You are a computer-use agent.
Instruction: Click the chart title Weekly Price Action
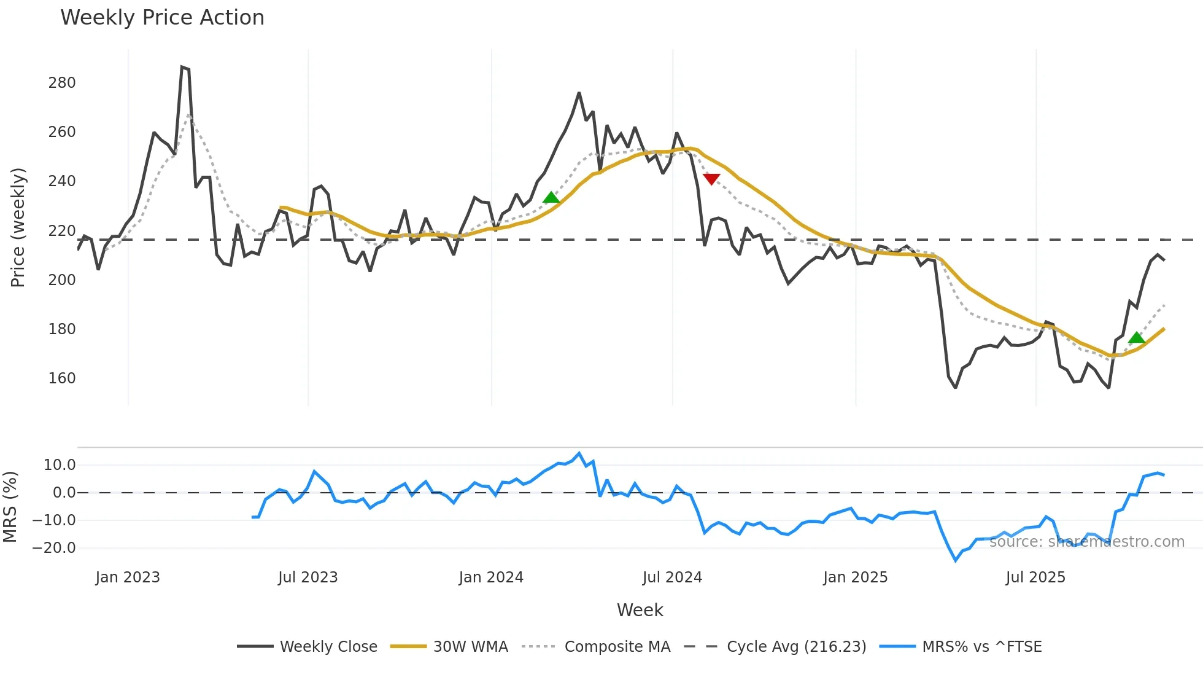pyautogui.click(x=162, y=18)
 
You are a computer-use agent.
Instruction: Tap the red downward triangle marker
pyautogui.click(x=711, y=179)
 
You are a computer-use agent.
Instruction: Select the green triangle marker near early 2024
pyautogui.click(x=551, y=197)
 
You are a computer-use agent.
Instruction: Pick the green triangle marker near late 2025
pyautogui.click(x=1136, y=337)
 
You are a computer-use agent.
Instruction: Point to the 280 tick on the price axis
pyautogui.click(x=62, y=83)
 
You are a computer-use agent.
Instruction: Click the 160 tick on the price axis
pyautogui.click(x=62, y=378)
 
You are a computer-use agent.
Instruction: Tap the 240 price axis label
pyautogui.click(x=62, y=181)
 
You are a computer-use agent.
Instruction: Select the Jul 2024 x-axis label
pyautogui.click(x=672, y=577)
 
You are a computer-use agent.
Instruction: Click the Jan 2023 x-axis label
pyautogui.click(x=128, y=577)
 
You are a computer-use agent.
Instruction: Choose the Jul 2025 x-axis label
pyautogui.click(x=1035, y=577)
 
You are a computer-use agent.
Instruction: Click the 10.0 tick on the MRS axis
pyautogui.click(x=60, y=465)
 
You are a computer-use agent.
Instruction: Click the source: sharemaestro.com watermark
pyautogui.click(x=1086, y=542)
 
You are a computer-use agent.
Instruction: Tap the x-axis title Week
pyautogui.click(x=640, y=610)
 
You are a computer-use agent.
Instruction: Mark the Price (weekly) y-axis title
pyautogui.click(x=18, y=227)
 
